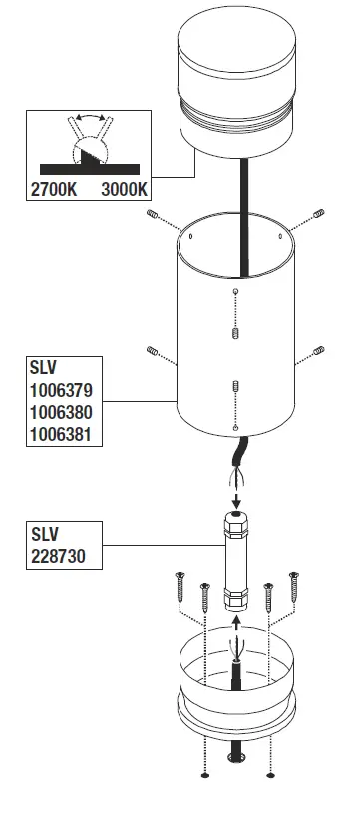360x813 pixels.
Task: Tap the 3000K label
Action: (125, 188)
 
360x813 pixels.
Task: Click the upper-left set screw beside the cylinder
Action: (153, 216)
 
